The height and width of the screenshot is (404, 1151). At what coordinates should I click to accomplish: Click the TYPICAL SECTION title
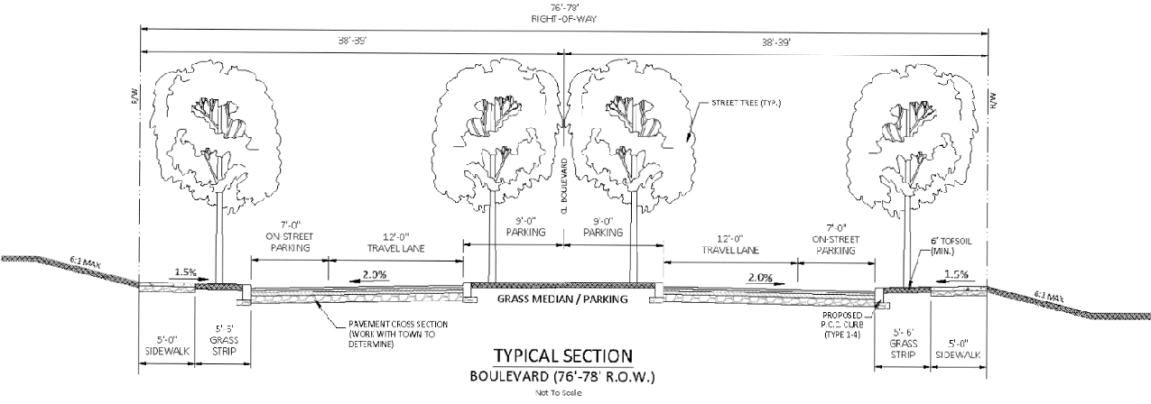pyautogui.click(x=563, y=355)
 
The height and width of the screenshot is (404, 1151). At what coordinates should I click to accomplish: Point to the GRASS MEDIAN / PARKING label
pyautogui.click(x=562, y=298)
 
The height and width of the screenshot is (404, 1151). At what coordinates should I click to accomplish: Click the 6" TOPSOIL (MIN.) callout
pyautogui.click(x=942, y=247)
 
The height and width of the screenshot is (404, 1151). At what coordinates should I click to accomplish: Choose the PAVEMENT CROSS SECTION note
pyautogui.click(x=395, y=334)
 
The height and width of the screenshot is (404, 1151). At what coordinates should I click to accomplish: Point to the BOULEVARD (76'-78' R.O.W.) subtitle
pyautogui.click(x=563, y=376)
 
